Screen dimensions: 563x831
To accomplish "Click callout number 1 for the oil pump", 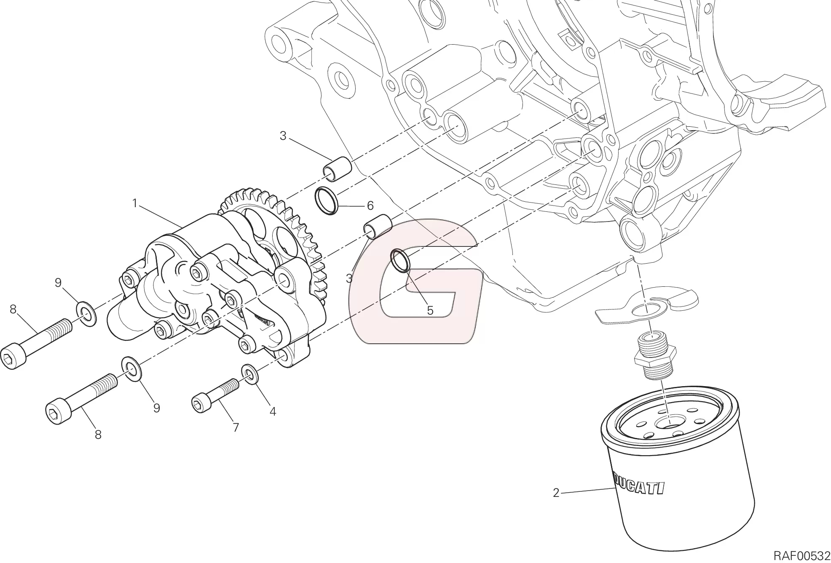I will pos(135,204).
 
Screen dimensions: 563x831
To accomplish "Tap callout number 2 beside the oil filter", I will pos(556,493).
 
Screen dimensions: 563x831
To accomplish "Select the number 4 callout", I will pos(273,411).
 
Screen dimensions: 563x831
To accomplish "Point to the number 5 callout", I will pos(430,310).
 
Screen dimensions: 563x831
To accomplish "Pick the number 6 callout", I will pos(370,206).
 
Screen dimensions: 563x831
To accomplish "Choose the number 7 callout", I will pos(236,427).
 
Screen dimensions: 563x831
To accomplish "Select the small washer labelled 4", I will pos(250,374).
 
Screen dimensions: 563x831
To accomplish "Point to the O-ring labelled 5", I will pos(401,261).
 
